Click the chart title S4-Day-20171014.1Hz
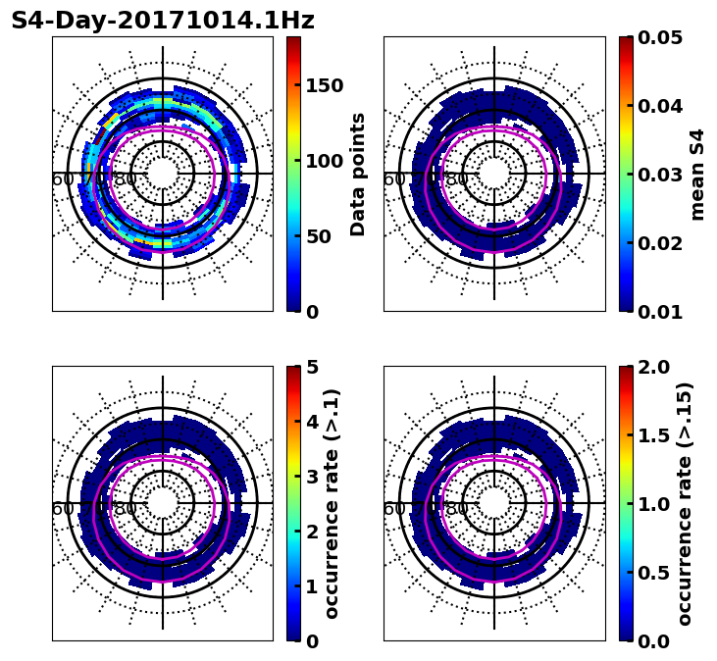coord(163,21)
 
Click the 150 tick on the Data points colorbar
coord(324,85)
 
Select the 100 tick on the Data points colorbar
coord(324,161)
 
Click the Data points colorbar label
coord(358,174)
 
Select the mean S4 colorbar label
coord(697,174)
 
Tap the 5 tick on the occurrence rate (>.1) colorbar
coord(313,367)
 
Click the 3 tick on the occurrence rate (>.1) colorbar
coord(313,477)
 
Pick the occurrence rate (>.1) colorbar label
coord(332,504)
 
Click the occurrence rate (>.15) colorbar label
coord(685,504)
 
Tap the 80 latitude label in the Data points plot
coord(126,179)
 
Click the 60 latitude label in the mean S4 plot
coord(393,179)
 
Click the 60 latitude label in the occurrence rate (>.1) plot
coord(62,509)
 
